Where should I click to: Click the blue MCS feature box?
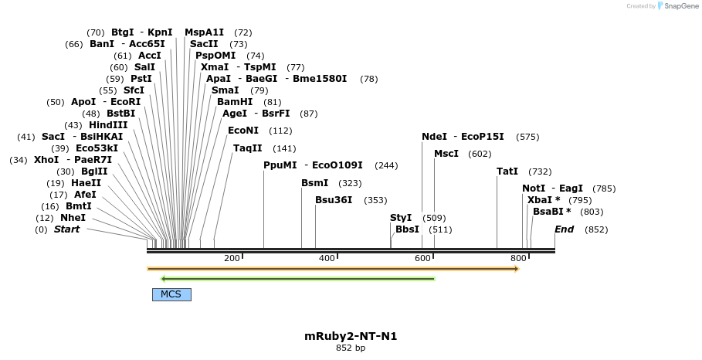point(171,294)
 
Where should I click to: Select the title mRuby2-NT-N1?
point(351,336)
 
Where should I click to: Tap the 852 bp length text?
point(351,348)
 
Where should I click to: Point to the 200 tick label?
point(232,258)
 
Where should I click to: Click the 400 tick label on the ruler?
point(327,258)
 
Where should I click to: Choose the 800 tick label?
point(517,258)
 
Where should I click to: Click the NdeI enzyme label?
point(434,137)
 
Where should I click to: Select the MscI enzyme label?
point(446,154)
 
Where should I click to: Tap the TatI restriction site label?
point(507,172)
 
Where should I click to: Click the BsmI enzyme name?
point(314,183)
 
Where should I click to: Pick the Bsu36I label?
point(334,200)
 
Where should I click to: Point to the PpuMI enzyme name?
point(280,165)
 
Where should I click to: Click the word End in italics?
point(564,229)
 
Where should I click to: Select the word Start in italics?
point(66,229)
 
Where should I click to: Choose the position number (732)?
point(540,172)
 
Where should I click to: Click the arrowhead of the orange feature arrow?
point(516,269)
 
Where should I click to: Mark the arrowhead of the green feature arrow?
point(163,278)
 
